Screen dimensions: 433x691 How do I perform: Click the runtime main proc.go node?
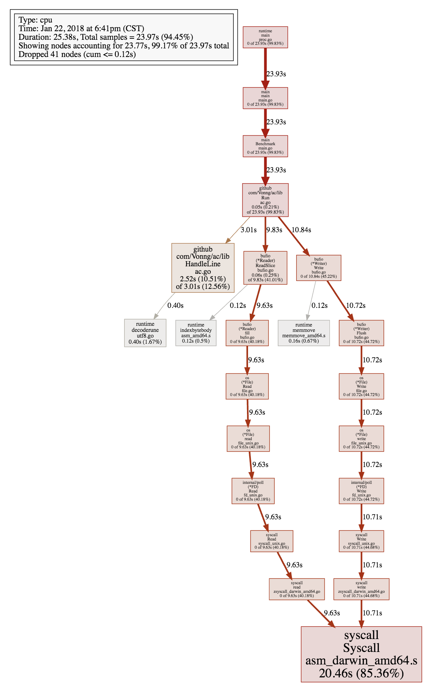265,37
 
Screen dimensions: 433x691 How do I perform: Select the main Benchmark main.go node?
265,146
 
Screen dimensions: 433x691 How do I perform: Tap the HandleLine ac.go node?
203,268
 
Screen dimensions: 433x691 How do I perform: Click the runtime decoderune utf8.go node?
145,333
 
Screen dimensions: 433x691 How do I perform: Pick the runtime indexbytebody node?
196,333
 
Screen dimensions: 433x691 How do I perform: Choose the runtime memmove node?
304,333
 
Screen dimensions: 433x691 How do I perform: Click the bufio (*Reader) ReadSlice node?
265,268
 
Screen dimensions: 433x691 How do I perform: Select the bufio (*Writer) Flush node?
361,333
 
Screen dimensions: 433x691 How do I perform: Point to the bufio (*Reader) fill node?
247,333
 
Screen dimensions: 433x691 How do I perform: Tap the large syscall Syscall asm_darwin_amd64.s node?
361,654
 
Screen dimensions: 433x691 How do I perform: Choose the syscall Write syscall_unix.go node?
361,541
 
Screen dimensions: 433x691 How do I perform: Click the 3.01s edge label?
248,230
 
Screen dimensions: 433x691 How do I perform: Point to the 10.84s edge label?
301,230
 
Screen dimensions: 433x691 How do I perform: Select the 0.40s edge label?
175,305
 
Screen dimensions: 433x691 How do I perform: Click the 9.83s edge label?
274,230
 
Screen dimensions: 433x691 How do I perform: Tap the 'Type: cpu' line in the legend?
35,20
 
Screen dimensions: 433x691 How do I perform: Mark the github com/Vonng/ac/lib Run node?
265,200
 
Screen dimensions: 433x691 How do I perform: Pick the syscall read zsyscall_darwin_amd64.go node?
297,589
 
